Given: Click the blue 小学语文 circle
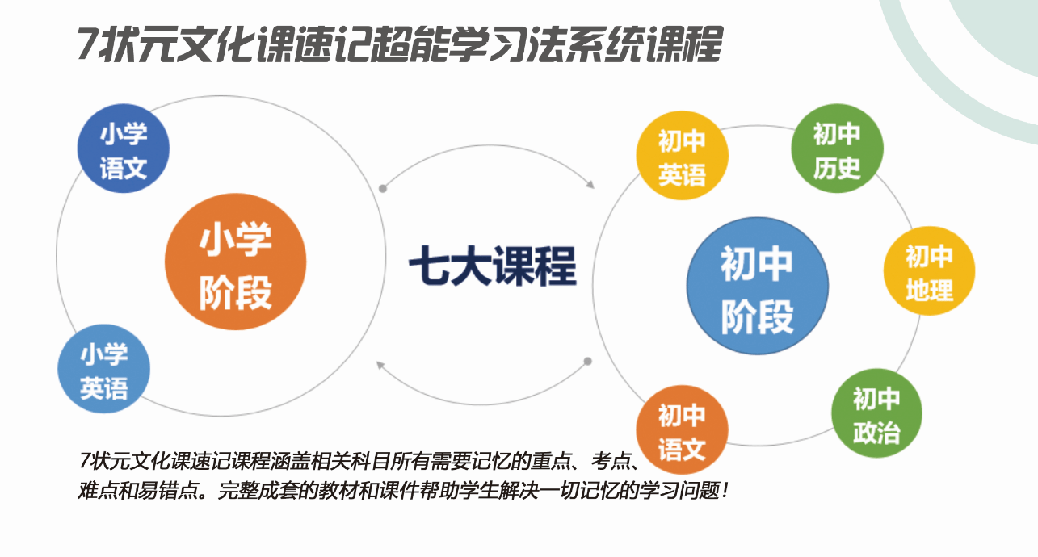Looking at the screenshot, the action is [124, 149].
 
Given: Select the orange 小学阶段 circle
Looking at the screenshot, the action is [235, 262].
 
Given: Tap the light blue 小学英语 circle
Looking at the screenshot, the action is [103, 369].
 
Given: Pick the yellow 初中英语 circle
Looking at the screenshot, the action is [682, 156].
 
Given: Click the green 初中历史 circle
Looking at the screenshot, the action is [837, 149].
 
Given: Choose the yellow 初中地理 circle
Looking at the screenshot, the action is [929, 271].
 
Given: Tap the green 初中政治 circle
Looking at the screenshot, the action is [876, 413].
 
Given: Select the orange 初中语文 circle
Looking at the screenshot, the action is [682, 429].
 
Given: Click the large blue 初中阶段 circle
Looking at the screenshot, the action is [757, 286].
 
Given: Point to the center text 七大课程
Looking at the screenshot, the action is [493, 266].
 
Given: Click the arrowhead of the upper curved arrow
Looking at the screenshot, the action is [590, 184].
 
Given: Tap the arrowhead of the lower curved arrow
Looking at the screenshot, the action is [380, 366].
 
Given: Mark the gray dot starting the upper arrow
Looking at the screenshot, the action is [383, 188].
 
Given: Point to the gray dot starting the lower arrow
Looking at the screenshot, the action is [587, 361].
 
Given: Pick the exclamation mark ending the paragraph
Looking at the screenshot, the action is [725, 491].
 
